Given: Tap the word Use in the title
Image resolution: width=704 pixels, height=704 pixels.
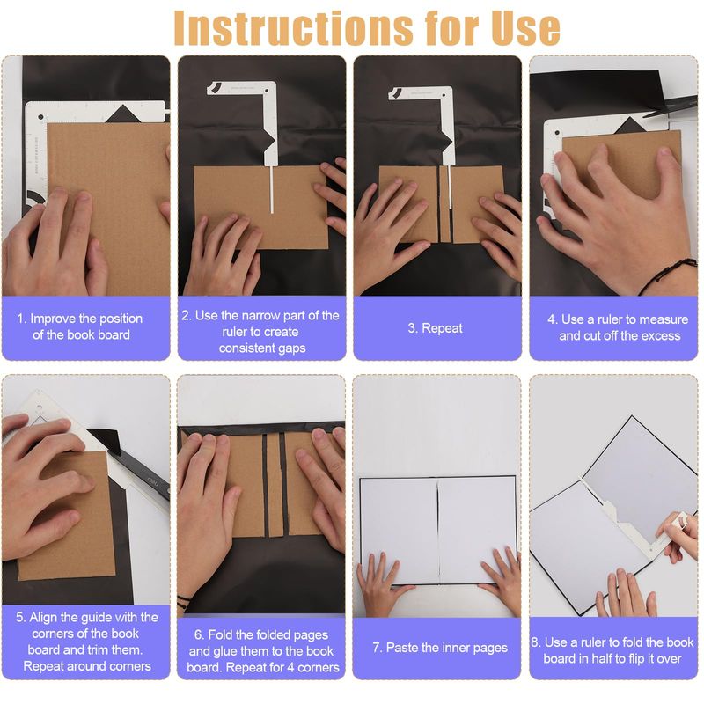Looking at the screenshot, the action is (525, 27).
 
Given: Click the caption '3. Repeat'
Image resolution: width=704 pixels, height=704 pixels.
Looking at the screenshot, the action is (435, 328).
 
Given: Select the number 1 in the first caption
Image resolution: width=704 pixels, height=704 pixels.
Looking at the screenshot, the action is (21, 319).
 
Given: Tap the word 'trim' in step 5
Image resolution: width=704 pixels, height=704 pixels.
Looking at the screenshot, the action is (99, 649).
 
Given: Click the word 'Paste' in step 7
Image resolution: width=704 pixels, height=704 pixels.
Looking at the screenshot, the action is (403, 648).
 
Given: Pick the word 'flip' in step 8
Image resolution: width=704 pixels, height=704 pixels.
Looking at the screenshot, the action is (633, 658).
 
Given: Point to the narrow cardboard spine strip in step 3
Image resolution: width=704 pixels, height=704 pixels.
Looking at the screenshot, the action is (444, 204).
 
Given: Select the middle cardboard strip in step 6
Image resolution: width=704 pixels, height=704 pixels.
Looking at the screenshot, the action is (275, 485).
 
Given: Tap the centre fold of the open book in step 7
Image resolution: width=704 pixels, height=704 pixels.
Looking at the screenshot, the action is (437, 531).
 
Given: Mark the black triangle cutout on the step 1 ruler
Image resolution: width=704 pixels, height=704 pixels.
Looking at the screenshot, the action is (122, 114).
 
